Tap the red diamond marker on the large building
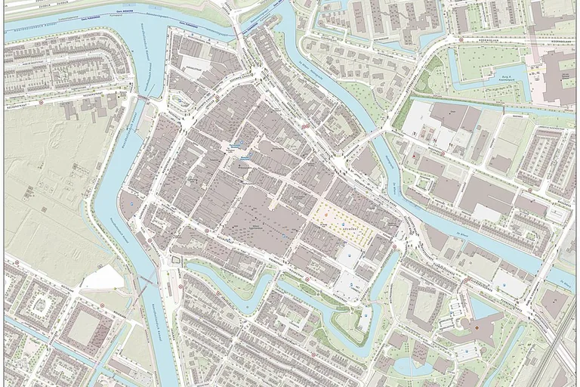tap(477, 326)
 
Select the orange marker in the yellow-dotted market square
tap(327, 216)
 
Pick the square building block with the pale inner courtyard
tap(85, 327)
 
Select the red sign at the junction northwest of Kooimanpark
tap(460, 40)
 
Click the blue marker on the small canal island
tap(366, 310)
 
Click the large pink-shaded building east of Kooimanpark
tap(559, 76)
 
